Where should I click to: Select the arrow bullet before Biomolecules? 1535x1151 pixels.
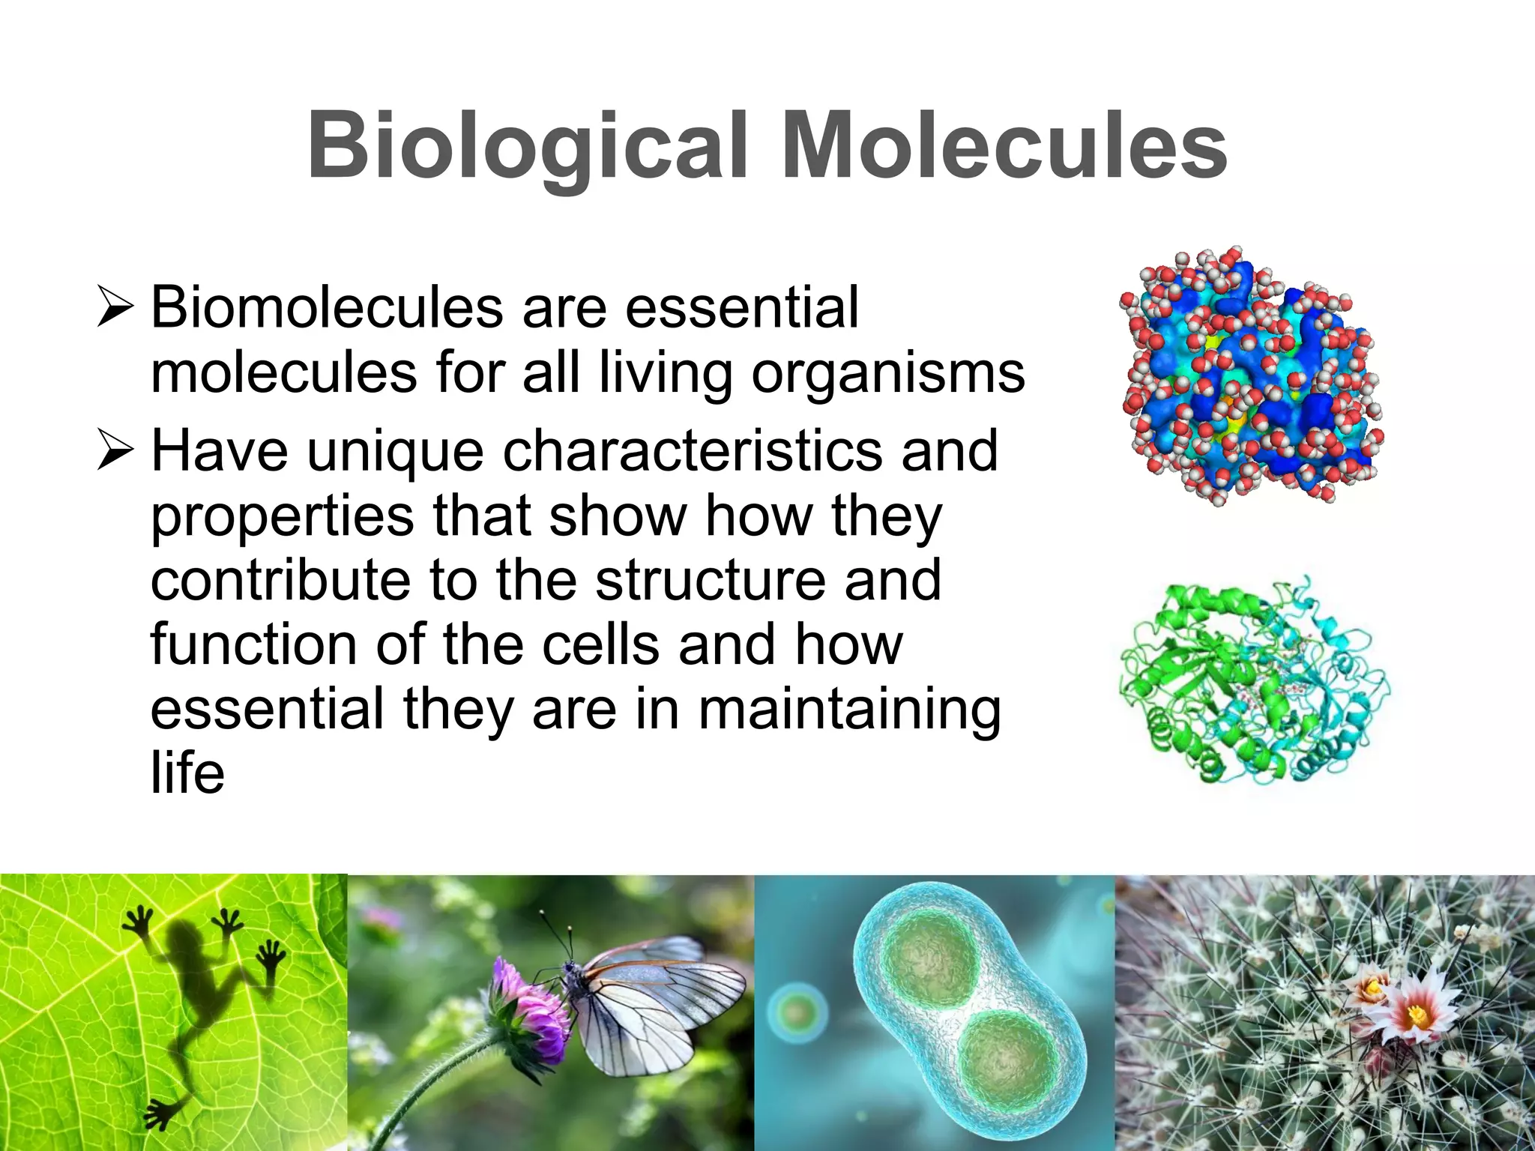(115, 309)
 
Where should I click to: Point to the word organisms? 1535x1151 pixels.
(887, 373)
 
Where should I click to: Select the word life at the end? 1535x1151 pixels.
(187, 773)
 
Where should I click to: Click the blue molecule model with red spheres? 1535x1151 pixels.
(1250, 375)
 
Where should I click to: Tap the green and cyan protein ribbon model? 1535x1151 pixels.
(1253, 682)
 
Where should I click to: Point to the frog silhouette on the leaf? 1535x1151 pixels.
(195, 989)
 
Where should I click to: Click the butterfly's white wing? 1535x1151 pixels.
(660, 1004)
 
